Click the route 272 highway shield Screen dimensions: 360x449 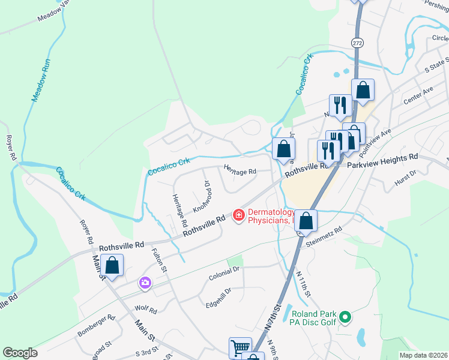357,43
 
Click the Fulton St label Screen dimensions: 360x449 158,260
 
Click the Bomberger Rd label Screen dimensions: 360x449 95,325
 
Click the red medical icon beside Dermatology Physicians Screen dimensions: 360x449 238,214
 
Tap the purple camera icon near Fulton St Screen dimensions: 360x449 145,283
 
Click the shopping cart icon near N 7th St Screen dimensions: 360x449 240,347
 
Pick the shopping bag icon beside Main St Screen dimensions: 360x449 112,264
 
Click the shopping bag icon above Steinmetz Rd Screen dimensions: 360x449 306,221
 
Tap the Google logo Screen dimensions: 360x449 20,353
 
